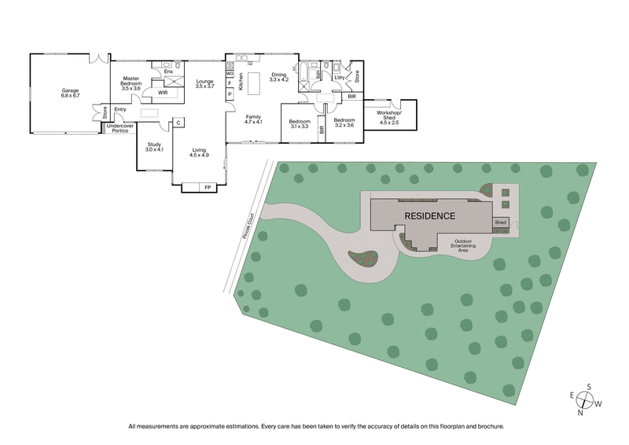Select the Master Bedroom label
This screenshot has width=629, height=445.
click(130, 82)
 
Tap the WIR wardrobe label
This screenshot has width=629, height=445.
click(162, 92)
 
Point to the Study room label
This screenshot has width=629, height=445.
click(154, 146)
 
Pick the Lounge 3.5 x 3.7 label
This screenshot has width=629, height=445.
click(204, 84)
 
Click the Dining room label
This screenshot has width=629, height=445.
click(279, 77)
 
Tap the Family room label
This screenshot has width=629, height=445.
click(252, 120)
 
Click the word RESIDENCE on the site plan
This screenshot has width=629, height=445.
click(429, 215)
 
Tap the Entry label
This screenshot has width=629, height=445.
click(120, 109)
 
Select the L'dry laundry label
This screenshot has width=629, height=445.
click(340, 77)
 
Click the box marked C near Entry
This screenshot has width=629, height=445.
click(178, 123)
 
